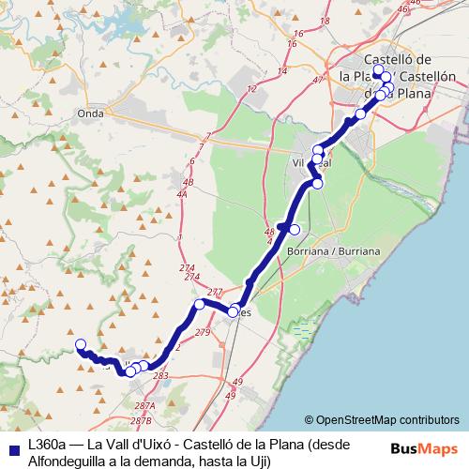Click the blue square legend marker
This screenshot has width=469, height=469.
tap(11, 447)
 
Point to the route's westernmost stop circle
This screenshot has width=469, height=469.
tap(81, 344)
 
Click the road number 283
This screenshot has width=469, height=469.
tap(160, 375)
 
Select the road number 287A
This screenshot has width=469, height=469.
tap(144, 405)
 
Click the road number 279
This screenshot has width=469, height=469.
tap(203, 333)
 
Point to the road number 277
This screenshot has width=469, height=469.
tap(215, 293)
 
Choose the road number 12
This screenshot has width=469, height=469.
tap(251, 89)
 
